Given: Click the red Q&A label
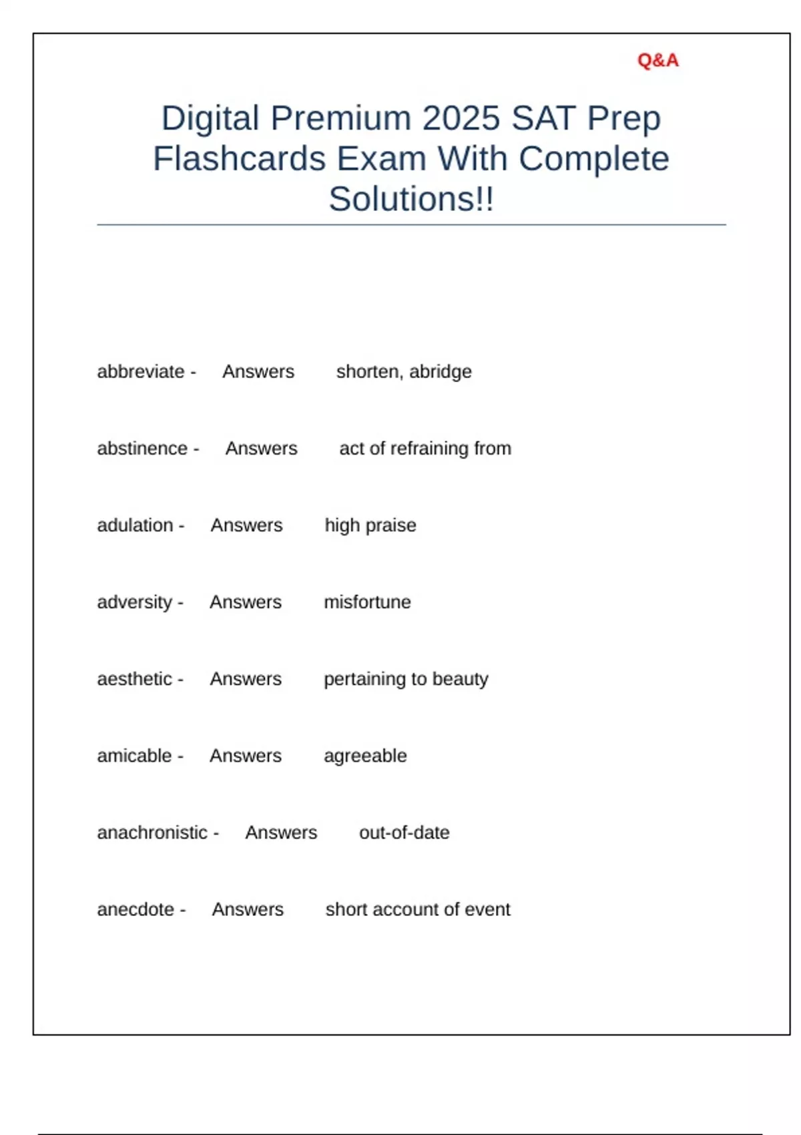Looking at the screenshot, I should coord(657,61).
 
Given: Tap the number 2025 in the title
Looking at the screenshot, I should coord(461,119).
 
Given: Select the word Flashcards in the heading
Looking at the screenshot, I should coord(240,160).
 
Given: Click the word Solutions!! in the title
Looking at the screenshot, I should coord(411,200).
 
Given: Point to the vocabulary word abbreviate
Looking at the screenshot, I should coord(141,372).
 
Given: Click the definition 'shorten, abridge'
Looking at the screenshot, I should coord(404,372).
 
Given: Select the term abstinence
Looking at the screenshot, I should coord(142,449).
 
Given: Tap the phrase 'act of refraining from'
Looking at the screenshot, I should coord(425,449).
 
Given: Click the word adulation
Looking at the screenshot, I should coord(136,525).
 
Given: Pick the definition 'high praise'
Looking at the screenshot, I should coord(370,525).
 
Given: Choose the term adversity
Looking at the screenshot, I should coord(135,602).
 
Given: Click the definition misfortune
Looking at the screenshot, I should coord(367,602).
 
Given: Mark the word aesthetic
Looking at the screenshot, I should coord(135,679).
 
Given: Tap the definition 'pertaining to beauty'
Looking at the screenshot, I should coord(406,679).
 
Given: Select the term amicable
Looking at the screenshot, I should coord(135,756).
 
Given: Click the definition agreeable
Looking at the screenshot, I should coord(365,756).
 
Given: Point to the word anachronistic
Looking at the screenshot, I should coord(153,833).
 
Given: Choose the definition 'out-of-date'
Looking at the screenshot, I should coord(405,833).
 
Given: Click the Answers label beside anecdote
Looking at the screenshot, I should coord(248,909).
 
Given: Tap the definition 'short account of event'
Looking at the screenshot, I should coord(418,909).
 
